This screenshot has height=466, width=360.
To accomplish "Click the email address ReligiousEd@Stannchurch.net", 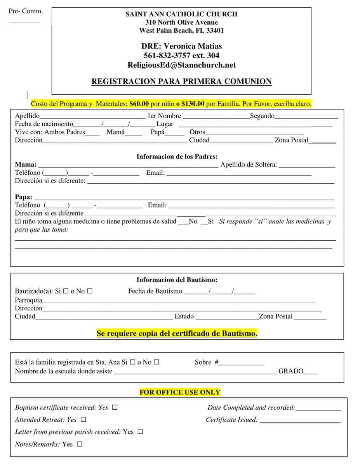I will tap(181, 65).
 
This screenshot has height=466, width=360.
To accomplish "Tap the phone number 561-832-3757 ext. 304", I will tap(181, 56).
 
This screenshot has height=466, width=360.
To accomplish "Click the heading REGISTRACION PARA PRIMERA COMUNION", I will tap(181, 82).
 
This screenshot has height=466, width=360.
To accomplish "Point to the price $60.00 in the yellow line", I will tap(139, 104).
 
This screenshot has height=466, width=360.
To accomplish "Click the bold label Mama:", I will tap(26, 165).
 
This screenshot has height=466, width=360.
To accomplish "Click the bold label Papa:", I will tap(24, 197).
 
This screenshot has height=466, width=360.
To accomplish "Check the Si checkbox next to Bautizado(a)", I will tap(66, 291).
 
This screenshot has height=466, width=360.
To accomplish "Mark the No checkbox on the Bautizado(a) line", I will tap(90, 291).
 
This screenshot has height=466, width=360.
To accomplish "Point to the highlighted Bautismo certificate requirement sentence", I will tap(177, 334).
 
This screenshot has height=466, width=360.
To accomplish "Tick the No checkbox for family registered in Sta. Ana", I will tap(156, 362).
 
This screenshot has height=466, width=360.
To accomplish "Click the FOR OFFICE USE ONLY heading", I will tap(180, 393).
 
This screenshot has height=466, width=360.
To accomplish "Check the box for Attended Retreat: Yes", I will tap(83, 420).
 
